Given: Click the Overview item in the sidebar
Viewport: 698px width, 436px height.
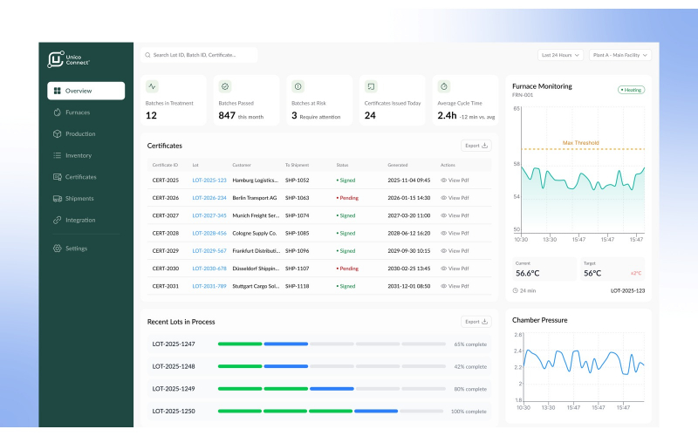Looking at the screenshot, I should click(86, 91).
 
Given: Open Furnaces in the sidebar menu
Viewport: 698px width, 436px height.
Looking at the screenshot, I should click(77, 112).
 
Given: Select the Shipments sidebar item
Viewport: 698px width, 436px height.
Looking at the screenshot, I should click(79, 198).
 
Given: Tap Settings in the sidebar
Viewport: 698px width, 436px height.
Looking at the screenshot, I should click(76, 249).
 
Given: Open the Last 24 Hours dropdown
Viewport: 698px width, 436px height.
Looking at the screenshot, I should click(561, 55).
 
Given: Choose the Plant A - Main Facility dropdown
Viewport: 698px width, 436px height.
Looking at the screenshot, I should click(620, 55).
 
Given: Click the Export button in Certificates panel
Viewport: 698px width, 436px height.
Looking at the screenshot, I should click(476, 146).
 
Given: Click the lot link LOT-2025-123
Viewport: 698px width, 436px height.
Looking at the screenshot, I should click(209, 181).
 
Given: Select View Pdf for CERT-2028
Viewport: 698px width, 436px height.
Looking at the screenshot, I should click(455, 234).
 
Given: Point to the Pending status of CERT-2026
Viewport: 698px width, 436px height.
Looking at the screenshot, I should click(348, 198).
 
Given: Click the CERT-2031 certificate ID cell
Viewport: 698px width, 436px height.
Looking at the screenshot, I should click(165, 286).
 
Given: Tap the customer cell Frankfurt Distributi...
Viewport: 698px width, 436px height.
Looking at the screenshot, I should click(255, 251).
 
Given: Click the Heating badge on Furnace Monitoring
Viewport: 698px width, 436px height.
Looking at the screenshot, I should click(631, 90).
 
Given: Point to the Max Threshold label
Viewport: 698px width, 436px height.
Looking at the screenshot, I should click(580, 142).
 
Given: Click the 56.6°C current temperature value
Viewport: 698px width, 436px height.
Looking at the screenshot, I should click(528, 273).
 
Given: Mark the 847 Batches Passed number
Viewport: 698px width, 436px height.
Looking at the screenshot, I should click(227, 115).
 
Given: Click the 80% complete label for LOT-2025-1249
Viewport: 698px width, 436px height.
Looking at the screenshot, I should click(469, 389).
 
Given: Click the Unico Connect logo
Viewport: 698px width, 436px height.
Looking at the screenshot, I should click(69, 59).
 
